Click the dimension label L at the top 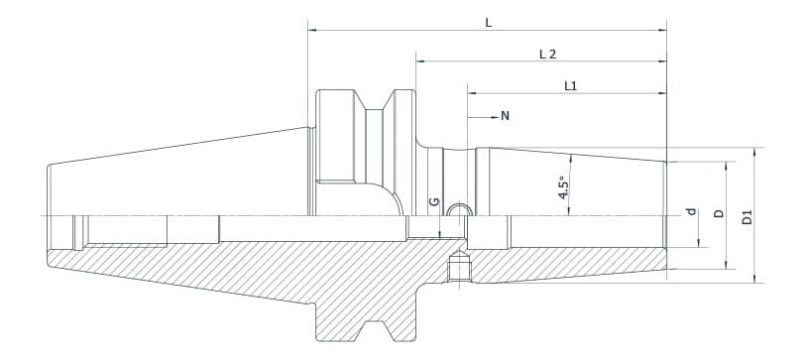tap(488, 21)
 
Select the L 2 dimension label tap(547, 54)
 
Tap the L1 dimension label tap(570, 86)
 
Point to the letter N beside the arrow tap(505, 116)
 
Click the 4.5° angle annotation tap(563, 188)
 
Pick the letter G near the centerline tap(433, 202)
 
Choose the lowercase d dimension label tap(692, 212)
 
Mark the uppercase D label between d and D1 tap(720, 212)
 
